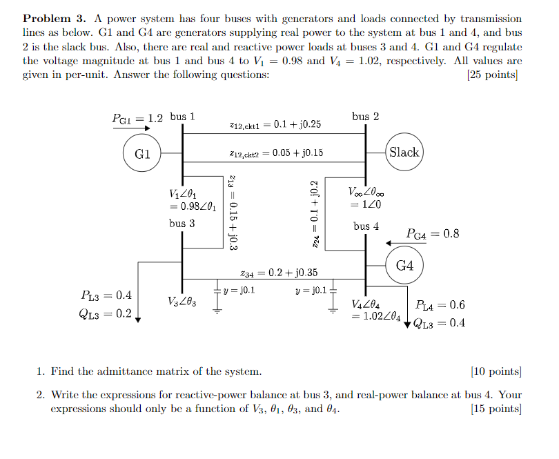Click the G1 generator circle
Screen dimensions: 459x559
click(x=143, y=153)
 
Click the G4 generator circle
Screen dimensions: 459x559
click(x=404, y=266)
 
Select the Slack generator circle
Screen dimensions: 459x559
click(x=404, y=152)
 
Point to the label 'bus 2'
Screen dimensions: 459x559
click(x=365, y=116)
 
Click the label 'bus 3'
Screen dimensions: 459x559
click(x=182, y=223)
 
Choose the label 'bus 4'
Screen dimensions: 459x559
click(x=366, y=226)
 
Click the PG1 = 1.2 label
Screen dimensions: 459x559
click(x=138, y=118)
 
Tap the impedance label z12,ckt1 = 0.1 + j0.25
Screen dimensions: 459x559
click(x=274, y=125)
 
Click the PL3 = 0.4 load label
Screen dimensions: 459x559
click(x=106, y=296)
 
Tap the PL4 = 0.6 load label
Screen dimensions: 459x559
click(x=440, y=305)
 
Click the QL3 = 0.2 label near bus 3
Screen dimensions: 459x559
click(x=106, y=314)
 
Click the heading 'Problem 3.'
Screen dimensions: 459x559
click(x=53, y=19)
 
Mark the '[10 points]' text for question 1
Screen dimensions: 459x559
click(x=494, y=371)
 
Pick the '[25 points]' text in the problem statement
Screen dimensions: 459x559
click(x=493, y=75)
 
